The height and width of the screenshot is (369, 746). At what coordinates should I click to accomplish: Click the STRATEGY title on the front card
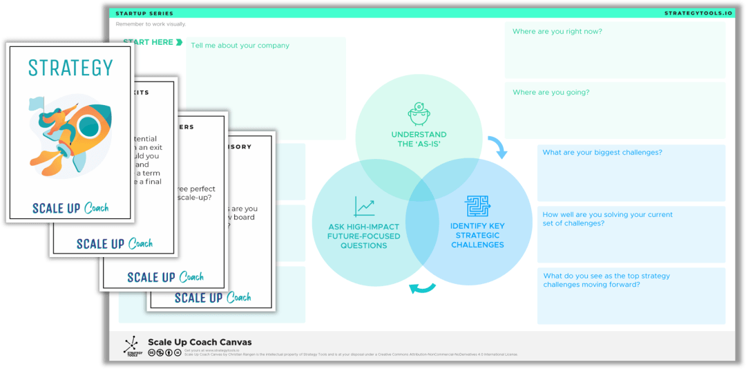[x=70, y=68]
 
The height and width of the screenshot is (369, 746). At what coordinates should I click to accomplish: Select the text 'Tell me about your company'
[x=240, y=46]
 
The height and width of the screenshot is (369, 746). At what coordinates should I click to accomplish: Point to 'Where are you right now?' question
[x=557, y=31]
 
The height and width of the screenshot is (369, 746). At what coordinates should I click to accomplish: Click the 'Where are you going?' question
[x=551, y=92]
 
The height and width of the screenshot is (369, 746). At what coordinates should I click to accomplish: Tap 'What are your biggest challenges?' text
[x=602, y=152]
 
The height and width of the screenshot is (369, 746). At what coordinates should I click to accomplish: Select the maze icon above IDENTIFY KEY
[x=477, y=206]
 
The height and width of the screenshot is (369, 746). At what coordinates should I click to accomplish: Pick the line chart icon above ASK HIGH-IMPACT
[x=364, y=207]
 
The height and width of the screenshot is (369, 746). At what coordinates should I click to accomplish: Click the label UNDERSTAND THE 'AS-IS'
[x=419, y=139]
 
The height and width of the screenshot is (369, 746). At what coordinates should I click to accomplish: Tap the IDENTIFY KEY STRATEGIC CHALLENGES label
[x=477, y=235]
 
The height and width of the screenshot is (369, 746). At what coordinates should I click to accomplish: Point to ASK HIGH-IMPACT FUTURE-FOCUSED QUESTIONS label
[x=364, y=236]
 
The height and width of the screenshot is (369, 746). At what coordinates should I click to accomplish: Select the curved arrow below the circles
[x=422, y=287]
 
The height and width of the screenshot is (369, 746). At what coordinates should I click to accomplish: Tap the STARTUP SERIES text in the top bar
[x=144, y=13]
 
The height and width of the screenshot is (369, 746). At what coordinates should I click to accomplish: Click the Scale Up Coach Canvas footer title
[x=200, y=342]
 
